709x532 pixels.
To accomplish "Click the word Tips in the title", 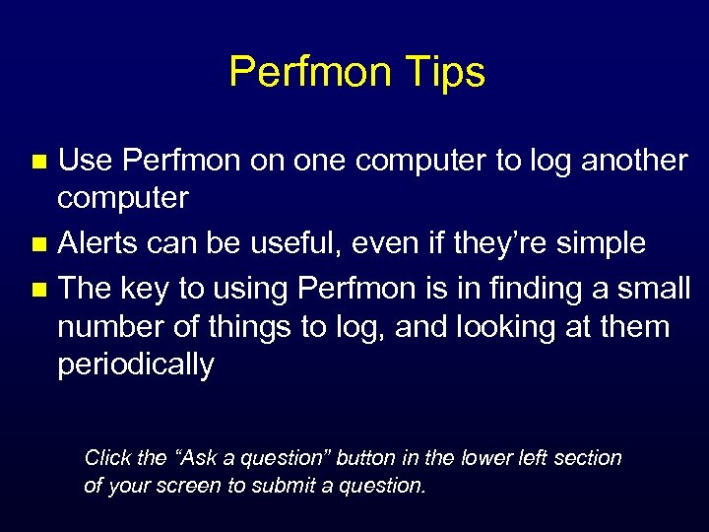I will pos(448,73).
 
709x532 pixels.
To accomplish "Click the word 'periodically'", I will pos(135,366).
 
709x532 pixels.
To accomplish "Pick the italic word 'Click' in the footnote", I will pos(108,458).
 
